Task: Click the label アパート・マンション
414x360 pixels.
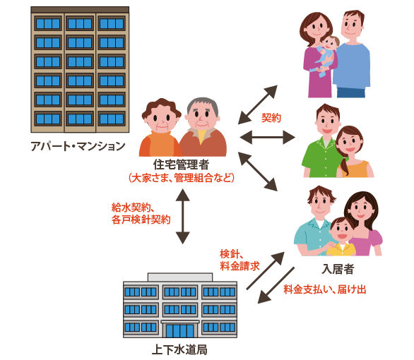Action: point(78,146)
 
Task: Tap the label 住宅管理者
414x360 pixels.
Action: point(181,165)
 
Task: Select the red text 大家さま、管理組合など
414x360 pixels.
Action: point(181,178)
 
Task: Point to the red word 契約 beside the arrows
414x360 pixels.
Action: point(271,118)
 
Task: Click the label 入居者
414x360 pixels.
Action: point(338,269)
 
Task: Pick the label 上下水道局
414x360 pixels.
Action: point(179,349)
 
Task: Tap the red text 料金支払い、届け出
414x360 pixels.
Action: point(325,289)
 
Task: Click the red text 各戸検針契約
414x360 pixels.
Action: point(141,220)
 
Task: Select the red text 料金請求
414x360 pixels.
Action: point(240,265)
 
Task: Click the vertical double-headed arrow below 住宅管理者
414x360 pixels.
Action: point(183,216)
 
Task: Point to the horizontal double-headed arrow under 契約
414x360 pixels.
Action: point(267,137)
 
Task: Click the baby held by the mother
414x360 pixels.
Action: point(325,55)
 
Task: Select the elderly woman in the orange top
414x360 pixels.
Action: point(160,128)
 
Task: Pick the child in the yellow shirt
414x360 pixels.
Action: point(341,237)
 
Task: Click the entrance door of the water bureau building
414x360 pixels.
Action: point(180,330)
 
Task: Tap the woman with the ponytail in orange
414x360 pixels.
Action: point(353,152)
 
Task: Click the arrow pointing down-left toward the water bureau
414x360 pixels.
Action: point(276,285)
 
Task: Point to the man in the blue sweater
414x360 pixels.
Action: point(351,54)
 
